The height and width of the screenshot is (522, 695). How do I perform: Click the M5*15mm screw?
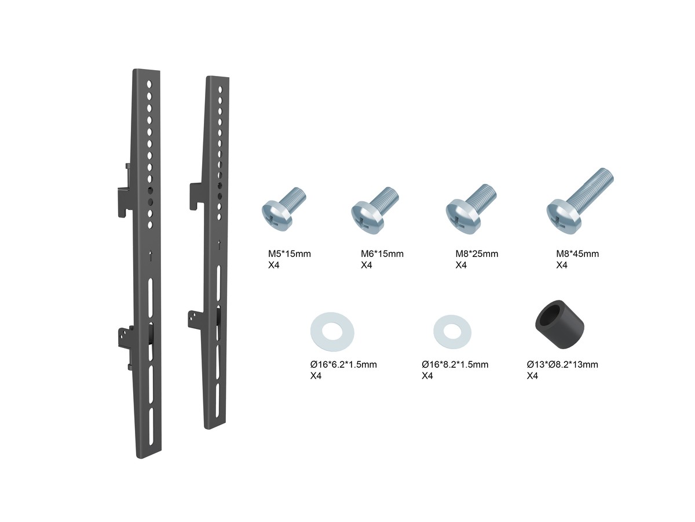[x=283, y=209]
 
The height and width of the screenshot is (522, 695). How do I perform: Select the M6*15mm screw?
[x=374, y=210]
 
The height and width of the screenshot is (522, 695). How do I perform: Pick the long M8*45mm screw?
[x=579, y=201]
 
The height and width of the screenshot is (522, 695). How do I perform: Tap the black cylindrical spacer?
[x=559, y=325]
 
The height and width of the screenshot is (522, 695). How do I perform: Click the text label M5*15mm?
[x=290, y=254]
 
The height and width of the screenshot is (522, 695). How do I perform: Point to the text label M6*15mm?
[x=382, y=254]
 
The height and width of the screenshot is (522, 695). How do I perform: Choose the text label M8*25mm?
[x=477, y=254]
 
